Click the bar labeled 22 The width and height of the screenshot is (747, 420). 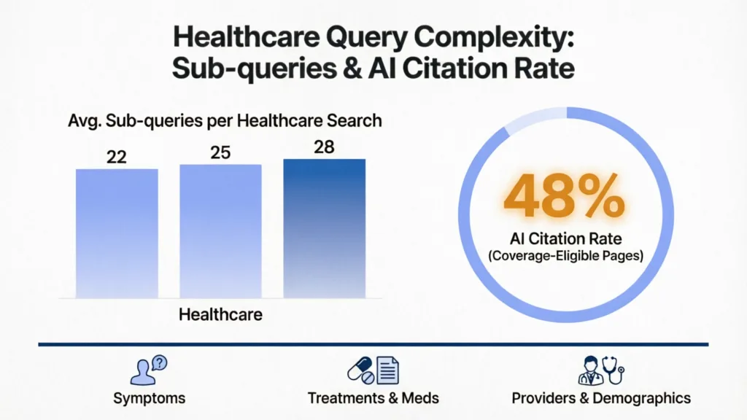click(x=117, y=233)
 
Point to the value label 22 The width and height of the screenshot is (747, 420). click(x=116, y=157)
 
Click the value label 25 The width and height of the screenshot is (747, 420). click(x=220, y=152)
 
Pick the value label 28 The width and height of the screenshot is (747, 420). click(x=324, y=147)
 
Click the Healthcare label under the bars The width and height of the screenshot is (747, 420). click(x=220, y=315)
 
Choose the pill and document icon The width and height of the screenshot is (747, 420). click(x=373, y=370)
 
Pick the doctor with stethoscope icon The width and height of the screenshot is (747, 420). click(x=600, y=370)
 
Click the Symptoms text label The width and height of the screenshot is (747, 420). click(x=149, y=398)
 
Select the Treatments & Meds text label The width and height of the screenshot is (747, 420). click(x=373, y=398)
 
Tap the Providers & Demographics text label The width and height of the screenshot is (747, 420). click(x=600, y=398)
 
